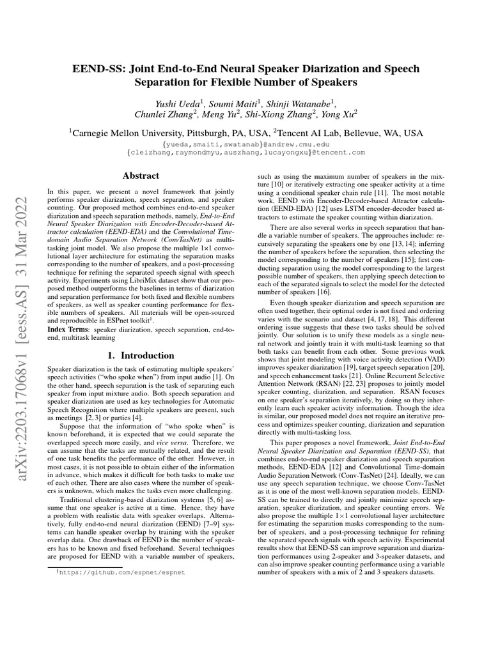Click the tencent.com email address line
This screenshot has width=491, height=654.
point(246,153)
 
